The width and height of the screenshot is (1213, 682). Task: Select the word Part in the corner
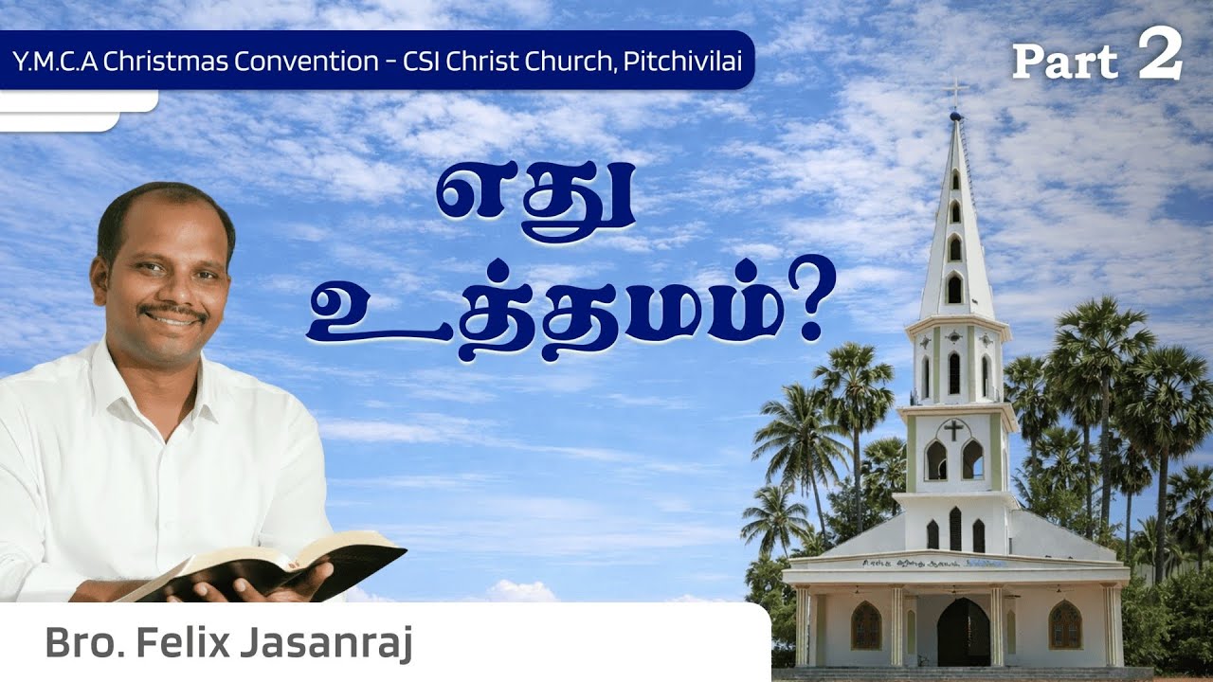tap(1065, 63)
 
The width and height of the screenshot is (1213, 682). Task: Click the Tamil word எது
tap(534, 198)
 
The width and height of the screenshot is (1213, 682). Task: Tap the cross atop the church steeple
tap(956, 92)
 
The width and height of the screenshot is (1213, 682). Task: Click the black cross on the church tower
tap(954, 429)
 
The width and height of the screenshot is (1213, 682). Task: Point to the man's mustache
tap(172, 311)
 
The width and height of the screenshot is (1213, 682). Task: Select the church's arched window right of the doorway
tap(1065, 625)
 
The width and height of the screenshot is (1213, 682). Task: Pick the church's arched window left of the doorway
tap(865, 625)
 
